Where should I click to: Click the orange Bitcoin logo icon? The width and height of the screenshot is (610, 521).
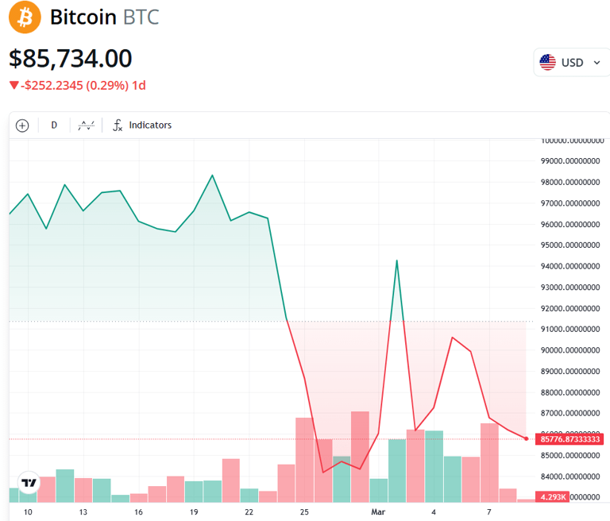coord(25,17)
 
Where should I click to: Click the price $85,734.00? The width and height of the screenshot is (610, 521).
coord(71,59)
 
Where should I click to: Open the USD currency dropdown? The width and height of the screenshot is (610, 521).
coord(571,62)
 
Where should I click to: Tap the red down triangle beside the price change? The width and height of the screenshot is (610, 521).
coord(14,85)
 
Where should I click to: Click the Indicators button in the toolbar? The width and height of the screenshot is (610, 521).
coord(142,125)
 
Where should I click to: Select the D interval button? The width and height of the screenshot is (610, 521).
coord(54,125)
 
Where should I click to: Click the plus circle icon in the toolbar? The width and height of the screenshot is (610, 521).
coord(22,125)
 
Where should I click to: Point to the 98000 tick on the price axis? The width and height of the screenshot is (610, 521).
coord(569,182)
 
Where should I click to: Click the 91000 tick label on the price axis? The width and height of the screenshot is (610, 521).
coord(569,329)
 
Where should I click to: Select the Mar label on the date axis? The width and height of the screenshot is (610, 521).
coord(380,512)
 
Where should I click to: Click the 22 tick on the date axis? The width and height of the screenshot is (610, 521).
coord(249,512)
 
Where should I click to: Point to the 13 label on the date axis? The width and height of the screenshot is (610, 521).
coord(83,512)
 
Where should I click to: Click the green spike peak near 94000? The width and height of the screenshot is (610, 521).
coord(396,260)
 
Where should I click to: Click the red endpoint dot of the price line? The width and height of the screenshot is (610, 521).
coord(526,438)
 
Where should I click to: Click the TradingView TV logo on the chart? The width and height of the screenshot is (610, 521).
coord(29,483)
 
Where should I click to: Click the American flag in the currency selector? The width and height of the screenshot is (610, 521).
coord(548,62)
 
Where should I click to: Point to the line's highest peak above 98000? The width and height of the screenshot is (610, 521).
coord(212,176)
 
